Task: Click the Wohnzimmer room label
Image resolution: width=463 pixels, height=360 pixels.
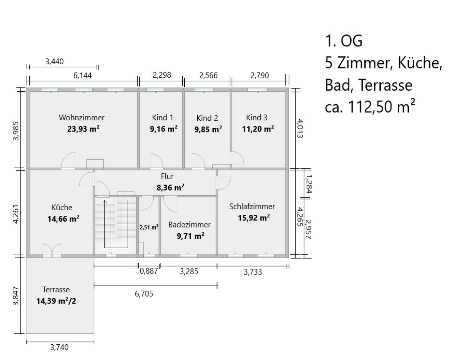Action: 82,117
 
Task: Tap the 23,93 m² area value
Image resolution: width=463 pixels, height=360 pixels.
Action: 83,129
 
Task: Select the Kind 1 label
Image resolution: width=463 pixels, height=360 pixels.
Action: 163,117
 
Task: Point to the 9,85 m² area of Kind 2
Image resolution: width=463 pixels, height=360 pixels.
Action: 208,129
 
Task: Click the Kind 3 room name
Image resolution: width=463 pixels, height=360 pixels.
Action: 257,117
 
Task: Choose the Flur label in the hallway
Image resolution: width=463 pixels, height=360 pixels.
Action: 167,176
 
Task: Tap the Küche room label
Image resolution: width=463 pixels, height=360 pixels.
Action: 62,207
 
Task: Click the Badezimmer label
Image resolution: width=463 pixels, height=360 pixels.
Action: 189,225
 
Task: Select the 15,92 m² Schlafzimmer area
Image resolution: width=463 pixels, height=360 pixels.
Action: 254,218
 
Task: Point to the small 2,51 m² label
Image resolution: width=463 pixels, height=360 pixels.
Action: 149,227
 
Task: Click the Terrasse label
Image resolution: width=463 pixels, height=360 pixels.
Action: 56,289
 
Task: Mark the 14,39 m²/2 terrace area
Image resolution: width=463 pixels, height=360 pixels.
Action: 56,301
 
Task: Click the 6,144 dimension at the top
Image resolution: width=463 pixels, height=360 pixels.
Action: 83,76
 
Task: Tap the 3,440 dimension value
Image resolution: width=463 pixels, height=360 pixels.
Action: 55,62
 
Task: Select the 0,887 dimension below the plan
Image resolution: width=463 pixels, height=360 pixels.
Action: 149,271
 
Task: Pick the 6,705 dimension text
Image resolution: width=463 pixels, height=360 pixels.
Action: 144,294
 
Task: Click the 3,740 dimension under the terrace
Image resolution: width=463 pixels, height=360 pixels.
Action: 59,348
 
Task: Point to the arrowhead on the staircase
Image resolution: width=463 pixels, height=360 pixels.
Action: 105,201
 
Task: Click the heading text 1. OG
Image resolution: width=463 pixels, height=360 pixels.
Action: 344,41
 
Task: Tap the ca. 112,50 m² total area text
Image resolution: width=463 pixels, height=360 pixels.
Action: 370,106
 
